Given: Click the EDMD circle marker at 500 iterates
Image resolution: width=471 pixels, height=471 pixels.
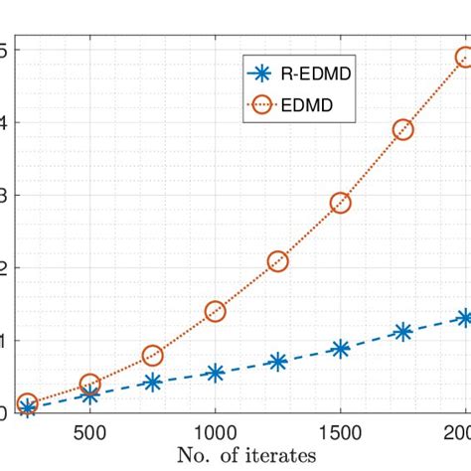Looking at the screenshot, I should pyautogui.click(x=89, y=384).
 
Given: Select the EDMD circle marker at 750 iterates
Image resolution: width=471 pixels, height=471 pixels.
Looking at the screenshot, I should pyautogui.click(x=152, y=356).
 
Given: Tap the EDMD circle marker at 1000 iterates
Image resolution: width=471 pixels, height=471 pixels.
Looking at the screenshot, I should pyautogui.click(x=215, y=311).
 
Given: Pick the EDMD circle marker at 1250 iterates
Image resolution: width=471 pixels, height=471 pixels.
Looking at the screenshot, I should pyautogui.click(x=277, y=261).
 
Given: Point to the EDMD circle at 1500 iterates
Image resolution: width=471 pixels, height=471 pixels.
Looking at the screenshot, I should pyautogui.click(x=340, y=202).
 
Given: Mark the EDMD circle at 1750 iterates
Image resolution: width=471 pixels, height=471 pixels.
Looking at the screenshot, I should pyautogui.click(x=402, y=129).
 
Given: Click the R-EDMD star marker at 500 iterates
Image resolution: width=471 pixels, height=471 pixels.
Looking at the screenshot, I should pyautogui.click(x=89, y=394).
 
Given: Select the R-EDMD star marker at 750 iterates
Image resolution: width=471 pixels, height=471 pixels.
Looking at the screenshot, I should pyautogui.click(x=152, y=382).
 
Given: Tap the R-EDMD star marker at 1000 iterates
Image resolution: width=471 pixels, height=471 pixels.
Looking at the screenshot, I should pyautogui.click(x=215, y=373).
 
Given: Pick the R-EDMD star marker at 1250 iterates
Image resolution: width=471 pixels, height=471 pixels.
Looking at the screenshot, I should pyautogui.click(x=277, y=362).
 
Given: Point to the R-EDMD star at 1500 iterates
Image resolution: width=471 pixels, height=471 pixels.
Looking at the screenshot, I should pyautogui.click(x=340, y=349).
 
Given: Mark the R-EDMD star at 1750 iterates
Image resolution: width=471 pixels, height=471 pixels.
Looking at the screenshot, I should pyautogui.click(x=402, y=332).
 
